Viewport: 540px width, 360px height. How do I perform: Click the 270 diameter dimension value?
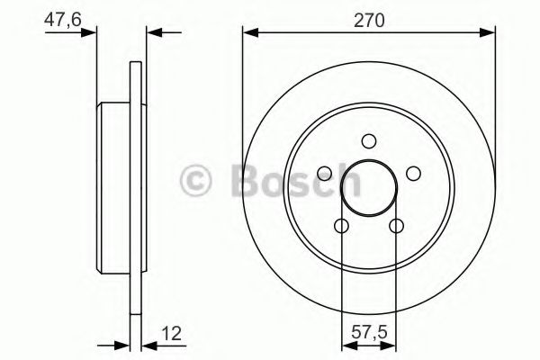point(369,21)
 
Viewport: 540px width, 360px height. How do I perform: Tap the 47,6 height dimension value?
point(59,21)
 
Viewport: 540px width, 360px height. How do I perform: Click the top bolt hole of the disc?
point(368,140)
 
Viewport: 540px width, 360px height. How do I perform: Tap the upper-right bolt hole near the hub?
point(413,173)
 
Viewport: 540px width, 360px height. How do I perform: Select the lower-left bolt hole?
point(341,226)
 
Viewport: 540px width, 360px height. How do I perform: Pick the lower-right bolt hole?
point(396,226)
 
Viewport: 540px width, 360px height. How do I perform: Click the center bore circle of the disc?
point(368,189)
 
